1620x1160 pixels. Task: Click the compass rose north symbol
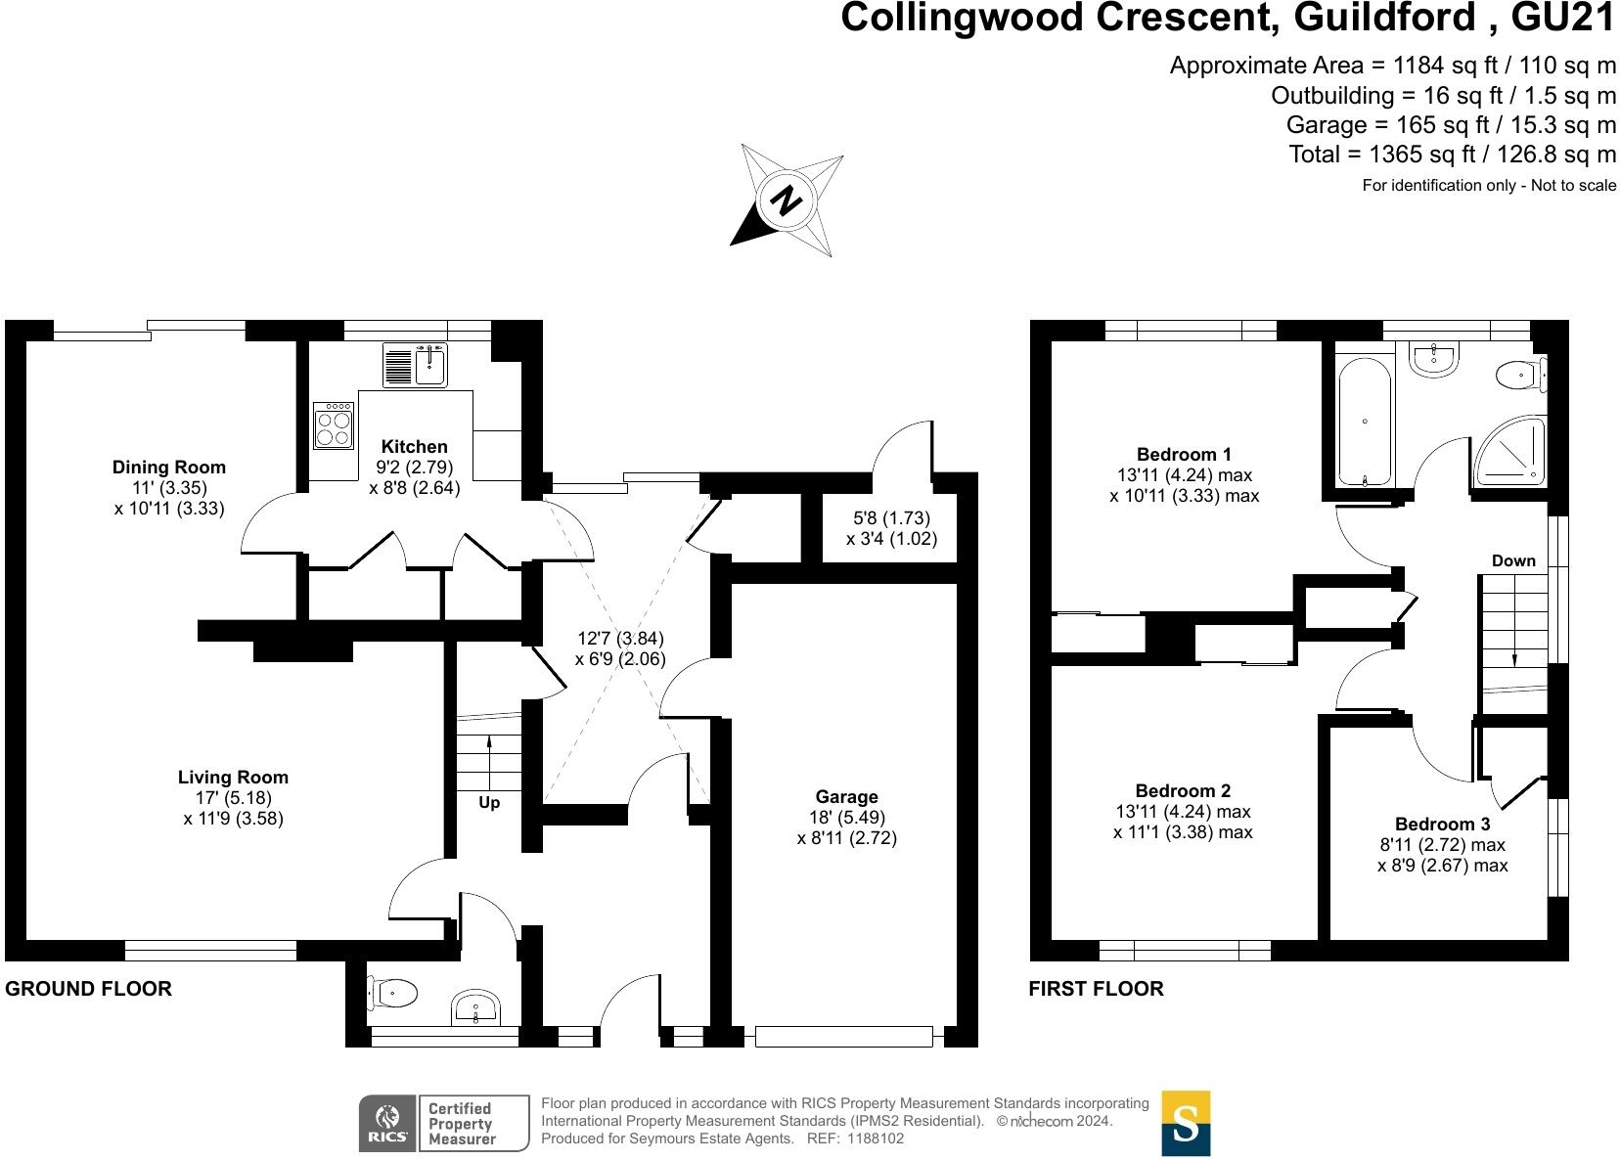pos(787,201)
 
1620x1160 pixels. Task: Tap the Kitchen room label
pos(414,447)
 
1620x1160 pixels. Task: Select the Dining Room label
pos(169,468)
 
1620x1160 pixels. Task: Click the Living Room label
pos(233,778)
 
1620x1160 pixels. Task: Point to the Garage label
pos(847,797)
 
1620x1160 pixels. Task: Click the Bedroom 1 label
pos(1184,454)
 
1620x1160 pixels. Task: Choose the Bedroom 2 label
pos(1183,790)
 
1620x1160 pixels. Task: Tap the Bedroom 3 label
pos(1442,825)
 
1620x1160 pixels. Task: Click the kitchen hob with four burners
pos(334,425)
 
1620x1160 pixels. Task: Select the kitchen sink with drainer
pos(415,366)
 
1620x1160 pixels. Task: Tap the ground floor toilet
pos(392,993)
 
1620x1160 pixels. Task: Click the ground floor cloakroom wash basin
pos(476,1007)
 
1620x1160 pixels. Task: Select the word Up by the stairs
pos(489,803)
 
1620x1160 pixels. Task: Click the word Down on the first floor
pos(1513,561)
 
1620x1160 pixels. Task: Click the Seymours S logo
pos(1186,1123)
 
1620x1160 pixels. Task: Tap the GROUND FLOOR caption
pos(89,989)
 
